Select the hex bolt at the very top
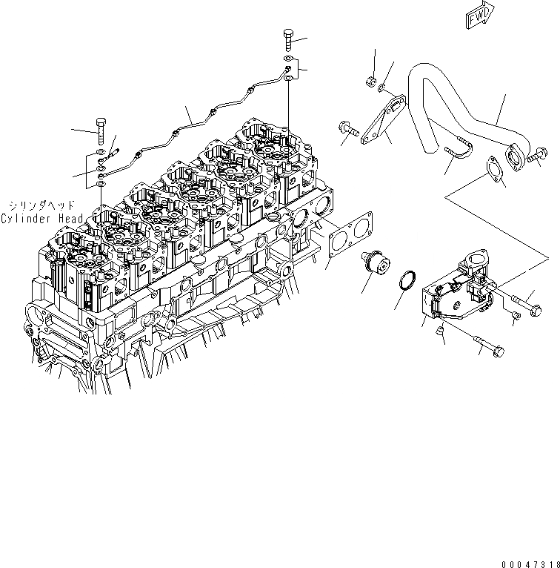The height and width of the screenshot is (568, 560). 288,38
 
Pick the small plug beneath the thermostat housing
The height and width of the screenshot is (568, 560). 439,333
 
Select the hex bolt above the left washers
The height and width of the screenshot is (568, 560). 101,131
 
